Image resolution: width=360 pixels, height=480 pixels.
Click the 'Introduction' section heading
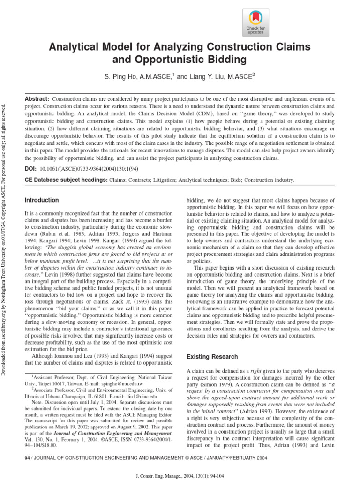coord(42,200)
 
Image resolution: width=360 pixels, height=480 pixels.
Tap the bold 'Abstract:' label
coord(37,99)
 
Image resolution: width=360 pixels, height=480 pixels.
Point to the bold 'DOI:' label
coord(31,167)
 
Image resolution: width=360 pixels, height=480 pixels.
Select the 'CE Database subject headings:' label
coord(66,180)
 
